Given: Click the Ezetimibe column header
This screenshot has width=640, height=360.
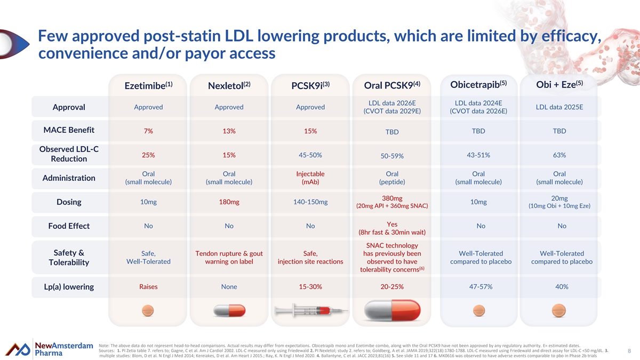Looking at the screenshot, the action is [x=148, y=85].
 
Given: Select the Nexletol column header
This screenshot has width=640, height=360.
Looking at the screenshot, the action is [x=229, y=85].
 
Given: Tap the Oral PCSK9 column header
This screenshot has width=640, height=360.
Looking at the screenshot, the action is [x=392, y=85].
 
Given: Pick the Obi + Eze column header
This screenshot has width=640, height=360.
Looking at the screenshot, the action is [x=559, y=84].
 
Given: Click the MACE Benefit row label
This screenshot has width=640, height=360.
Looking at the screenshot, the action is [x=69, y=130].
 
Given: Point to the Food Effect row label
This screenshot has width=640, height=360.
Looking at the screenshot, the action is [x=69, y=226].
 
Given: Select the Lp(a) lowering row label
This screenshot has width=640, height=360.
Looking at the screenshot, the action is [x=69, y=286].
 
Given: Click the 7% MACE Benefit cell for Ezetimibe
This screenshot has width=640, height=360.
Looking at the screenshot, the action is [x=148, y=131].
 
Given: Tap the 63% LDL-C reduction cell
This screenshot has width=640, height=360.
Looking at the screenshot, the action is [x=559, y=155].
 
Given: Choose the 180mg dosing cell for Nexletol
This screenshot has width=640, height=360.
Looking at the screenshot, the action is [x=229, y=202].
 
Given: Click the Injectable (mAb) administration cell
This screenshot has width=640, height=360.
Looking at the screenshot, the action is [x=310, y=178].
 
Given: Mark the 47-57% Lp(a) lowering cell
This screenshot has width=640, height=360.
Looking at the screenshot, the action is [x=481, y=286].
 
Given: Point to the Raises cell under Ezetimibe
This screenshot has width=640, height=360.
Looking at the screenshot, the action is [x=148, y=286].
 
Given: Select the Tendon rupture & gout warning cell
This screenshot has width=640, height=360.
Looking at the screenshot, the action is [x=229, y=258].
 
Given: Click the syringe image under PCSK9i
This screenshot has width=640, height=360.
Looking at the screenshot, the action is [x=311, y=310].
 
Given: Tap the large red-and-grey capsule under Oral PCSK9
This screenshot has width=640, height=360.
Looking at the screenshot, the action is [x=392, y=310].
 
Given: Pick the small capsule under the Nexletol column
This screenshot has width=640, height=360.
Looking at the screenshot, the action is [x=229, y=310].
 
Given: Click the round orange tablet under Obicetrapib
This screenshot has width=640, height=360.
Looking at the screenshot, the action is [x=479, y=310].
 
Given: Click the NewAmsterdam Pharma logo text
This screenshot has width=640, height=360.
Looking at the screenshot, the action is [x=63, y=349].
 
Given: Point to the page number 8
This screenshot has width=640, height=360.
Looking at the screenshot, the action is [x=629, y=351].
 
